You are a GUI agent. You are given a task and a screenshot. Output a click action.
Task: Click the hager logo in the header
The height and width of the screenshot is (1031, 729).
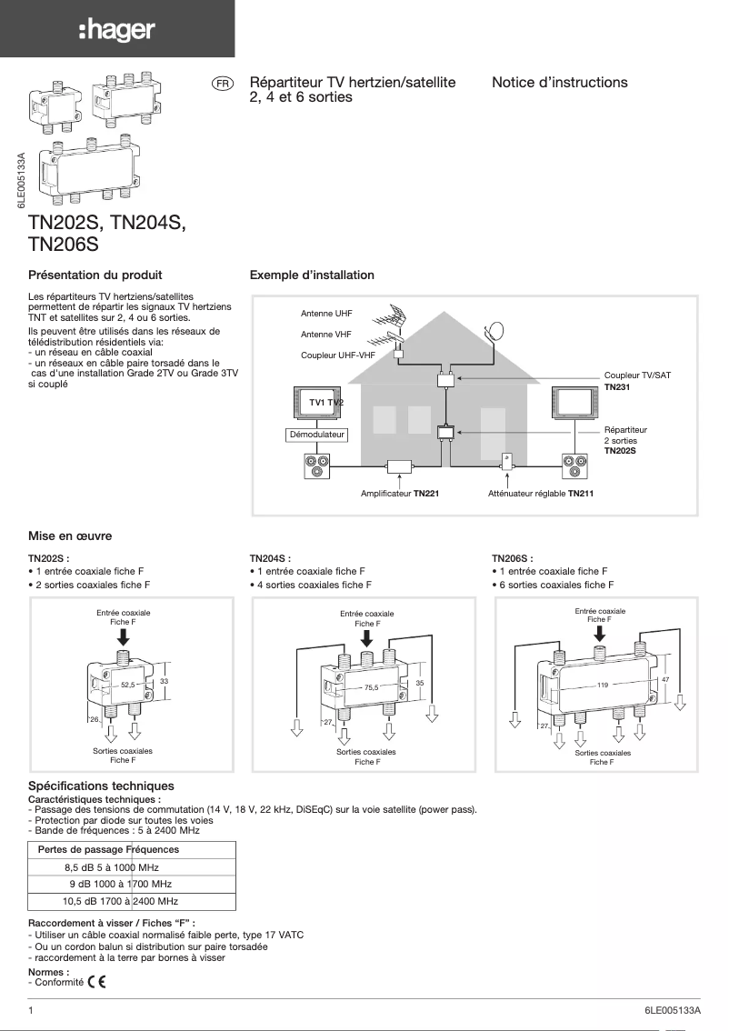coord(116,31)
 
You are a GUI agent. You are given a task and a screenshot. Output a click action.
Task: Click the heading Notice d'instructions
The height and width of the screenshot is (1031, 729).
coord(559,83)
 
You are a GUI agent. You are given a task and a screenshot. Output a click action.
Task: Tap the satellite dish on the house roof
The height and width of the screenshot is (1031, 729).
coord(494,331)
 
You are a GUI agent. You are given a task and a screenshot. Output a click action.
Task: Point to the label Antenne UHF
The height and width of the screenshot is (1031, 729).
coord(326,314)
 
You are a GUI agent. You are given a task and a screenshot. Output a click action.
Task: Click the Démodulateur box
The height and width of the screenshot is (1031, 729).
coord(316,435)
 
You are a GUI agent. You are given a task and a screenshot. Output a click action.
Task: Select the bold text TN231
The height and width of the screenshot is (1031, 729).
coord(617,386)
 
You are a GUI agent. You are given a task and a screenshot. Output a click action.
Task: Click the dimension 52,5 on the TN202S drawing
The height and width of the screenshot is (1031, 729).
coord(127,683)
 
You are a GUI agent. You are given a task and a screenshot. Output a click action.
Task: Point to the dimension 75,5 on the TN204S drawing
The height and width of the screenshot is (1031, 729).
coord(371,688)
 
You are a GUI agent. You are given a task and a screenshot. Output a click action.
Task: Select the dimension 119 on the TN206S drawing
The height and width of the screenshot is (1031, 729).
coord(602,683)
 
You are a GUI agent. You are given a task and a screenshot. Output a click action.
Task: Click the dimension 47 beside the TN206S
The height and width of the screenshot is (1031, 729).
coord(665,679)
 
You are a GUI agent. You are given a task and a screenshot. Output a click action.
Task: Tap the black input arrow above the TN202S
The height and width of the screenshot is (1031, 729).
coord(124,637)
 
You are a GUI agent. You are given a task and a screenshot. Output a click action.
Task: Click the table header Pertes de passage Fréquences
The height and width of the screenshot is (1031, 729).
coord(107,849)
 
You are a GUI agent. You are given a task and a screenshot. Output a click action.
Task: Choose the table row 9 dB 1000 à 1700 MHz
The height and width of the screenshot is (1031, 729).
coord(120,884)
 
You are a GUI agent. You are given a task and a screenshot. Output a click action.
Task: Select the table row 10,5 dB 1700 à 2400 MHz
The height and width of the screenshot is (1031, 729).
coord(120,901)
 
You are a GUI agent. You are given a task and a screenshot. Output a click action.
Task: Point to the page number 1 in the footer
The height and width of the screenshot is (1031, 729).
coord(32,1011)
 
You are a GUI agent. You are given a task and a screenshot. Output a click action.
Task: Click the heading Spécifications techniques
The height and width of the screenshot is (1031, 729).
coord(101,786)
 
